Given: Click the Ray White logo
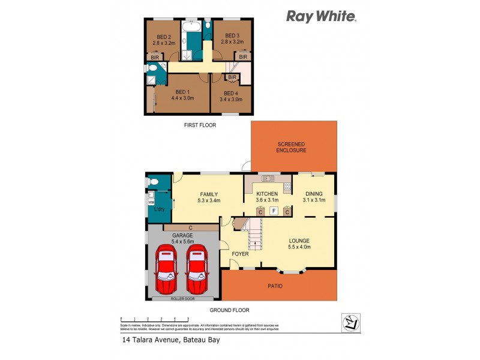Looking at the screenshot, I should tap(321, 16).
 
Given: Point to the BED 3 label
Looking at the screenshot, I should tap(232, 40).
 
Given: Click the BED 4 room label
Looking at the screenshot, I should tap(232, 96).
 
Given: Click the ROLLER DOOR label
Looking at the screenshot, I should tap(182, 298).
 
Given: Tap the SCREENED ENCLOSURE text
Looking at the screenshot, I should tap(292, 147).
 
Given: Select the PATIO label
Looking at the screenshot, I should tap(275, 286).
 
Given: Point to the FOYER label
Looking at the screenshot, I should tap(241, 254).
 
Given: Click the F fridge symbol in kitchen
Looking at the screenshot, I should tap(273, 211).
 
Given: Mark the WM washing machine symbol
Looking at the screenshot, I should tap(151, 202).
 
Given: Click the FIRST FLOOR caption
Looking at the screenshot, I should tap(200, 125).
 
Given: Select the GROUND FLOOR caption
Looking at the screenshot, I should tap(229, 310).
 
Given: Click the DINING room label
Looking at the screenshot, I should tap(314, 197).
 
